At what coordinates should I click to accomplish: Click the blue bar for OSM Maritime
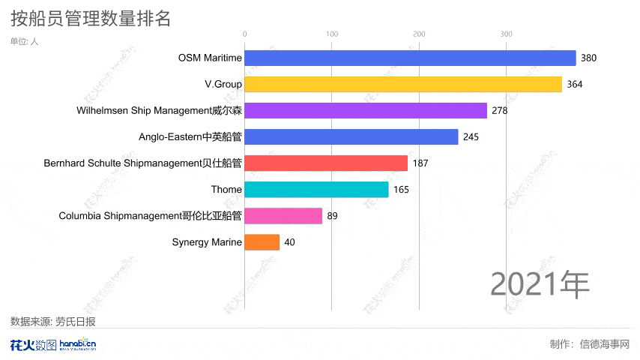410,58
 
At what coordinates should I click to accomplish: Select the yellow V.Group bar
403,84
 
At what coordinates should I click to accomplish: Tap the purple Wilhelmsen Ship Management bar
366,111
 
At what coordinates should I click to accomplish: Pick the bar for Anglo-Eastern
351,137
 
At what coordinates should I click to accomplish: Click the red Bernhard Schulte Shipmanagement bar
326,163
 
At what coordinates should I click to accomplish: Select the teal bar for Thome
316,190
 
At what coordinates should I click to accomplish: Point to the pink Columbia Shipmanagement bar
283,216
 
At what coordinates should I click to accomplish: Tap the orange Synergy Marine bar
262,242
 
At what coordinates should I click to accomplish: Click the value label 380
588,58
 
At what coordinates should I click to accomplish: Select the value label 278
500,111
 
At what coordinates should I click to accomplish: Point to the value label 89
333,216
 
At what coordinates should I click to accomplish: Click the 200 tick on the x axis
419,34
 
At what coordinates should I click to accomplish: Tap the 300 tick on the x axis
507,34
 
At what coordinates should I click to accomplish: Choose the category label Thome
226,190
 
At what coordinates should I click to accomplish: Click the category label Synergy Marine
207,242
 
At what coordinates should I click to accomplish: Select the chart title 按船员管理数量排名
91,18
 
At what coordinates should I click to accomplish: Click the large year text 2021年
540,283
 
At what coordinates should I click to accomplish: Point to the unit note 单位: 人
24,41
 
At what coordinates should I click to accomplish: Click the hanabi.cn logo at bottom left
77,345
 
